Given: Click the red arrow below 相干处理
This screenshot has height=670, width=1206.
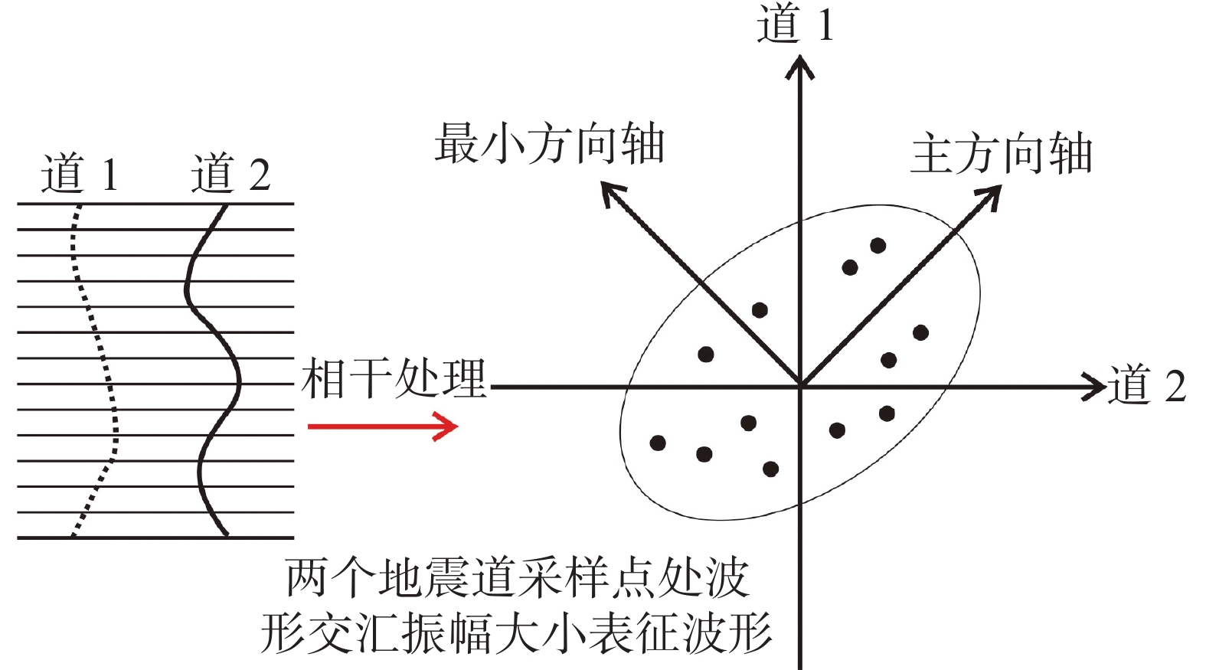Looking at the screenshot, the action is pos(383,427).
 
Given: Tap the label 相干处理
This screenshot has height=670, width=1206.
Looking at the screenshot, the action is pos(394,380).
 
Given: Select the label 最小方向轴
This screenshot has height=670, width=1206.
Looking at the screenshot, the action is pos(549,142).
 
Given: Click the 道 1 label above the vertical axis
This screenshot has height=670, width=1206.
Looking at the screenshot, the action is pos(796,24).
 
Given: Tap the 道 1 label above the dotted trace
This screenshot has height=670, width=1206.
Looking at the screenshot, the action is pos(80,173).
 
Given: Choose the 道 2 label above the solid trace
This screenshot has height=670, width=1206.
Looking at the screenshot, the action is pos(230,173).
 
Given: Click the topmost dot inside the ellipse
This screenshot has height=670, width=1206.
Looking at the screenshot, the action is pos(878,246).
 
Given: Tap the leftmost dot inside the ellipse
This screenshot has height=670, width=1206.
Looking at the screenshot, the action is pos(658,443).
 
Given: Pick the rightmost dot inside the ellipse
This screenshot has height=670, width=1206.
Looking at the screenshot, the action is pos(920,333).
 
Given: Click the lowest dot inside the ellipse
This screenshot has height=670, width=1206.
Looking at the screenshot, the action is pos(771,469).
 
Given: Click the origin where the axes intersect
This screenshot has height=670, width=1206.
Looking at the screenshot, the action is pos(801,386).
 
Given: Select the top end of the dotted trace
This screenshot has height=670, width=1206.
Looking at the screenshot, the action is pos(79,205).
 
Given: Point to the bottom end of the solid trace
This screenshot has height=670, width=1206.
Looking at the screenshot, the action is pos(226,534).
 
